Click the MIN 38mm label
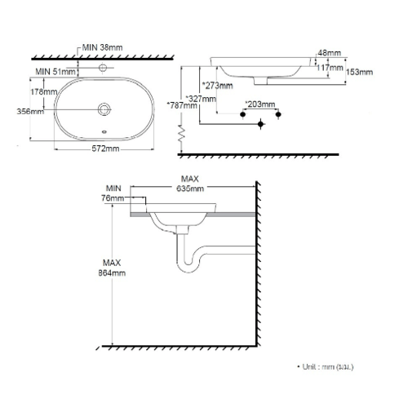[x=102, y=47]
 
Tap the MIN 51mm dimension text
[x=55, y=72]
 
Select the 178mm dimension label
[x=44, y=91]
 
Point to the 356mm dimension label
[x=30, y=111]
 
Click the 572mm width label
[x=105, y=149]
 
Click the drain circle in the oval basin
[x=104, y=109]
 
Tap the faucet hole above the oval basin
[x=103, y=67]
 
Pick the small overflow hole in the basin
[x=104, y=132]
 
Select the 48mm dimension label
[x=329, y=53]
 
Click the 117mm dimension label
[x=330, y=67]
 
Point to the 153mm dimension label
[x=359, y=72]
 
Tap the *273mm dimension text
[x=217, y=86]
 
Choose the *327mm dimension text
[x=201, y=99]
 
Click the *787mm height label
[x=182, y=105]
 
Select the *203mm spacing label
[x=260, y=104]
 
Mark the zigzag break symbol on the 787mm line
[x=181, y=134]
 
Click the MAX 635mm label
[x=190, y=184]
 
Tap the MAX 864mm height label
[x=112, y=268]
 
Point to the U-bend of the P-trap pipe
[x=188, y=265]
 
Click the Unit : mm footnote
[x=326, y=366]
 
